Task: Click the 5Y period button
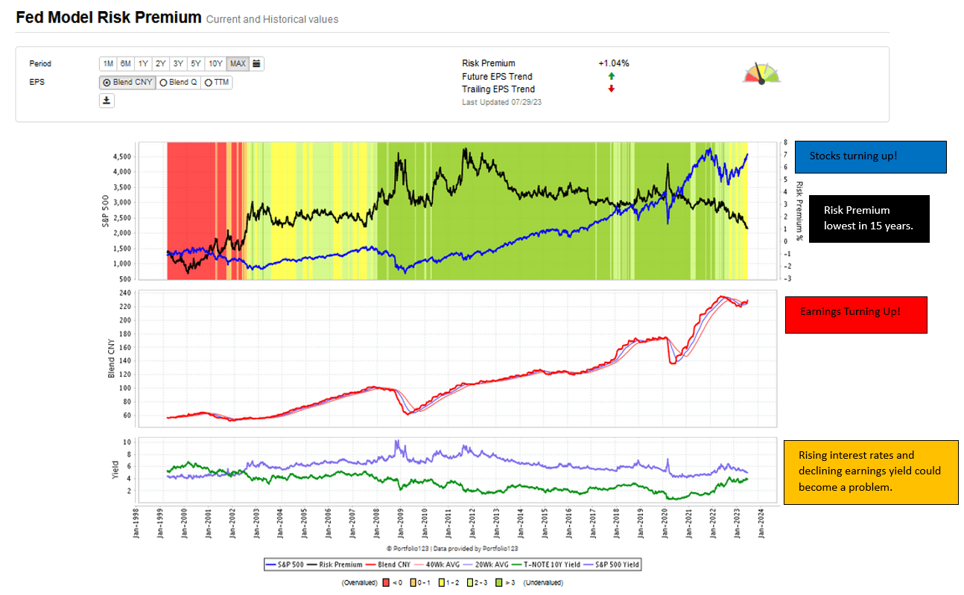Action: (x=194, y=64)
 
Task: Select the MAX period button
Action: (x=238, y=64)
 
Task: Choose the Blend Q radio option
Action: (x=178, y=83)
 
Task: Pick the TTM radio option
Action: (x=217, y=83)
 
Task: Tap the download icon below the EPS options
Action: (x=107, y=101)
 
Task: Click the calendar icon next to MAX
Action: (x=256, y=64)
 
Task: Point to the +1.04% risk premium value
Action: (x=613, y=63)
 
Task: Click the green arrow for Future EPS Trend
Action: (x=611, y=77)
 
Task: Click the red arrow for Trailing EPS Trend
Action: (x=611, y=89)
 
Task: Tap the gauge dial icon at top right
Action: (x=761, y=73)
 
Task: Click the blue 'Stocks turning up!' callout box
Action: (x=870, y=157)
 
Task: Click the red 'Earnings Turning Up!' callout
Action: (x=856, y=315)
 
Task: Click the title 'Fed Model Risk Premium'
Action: (x=108, y=18)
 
